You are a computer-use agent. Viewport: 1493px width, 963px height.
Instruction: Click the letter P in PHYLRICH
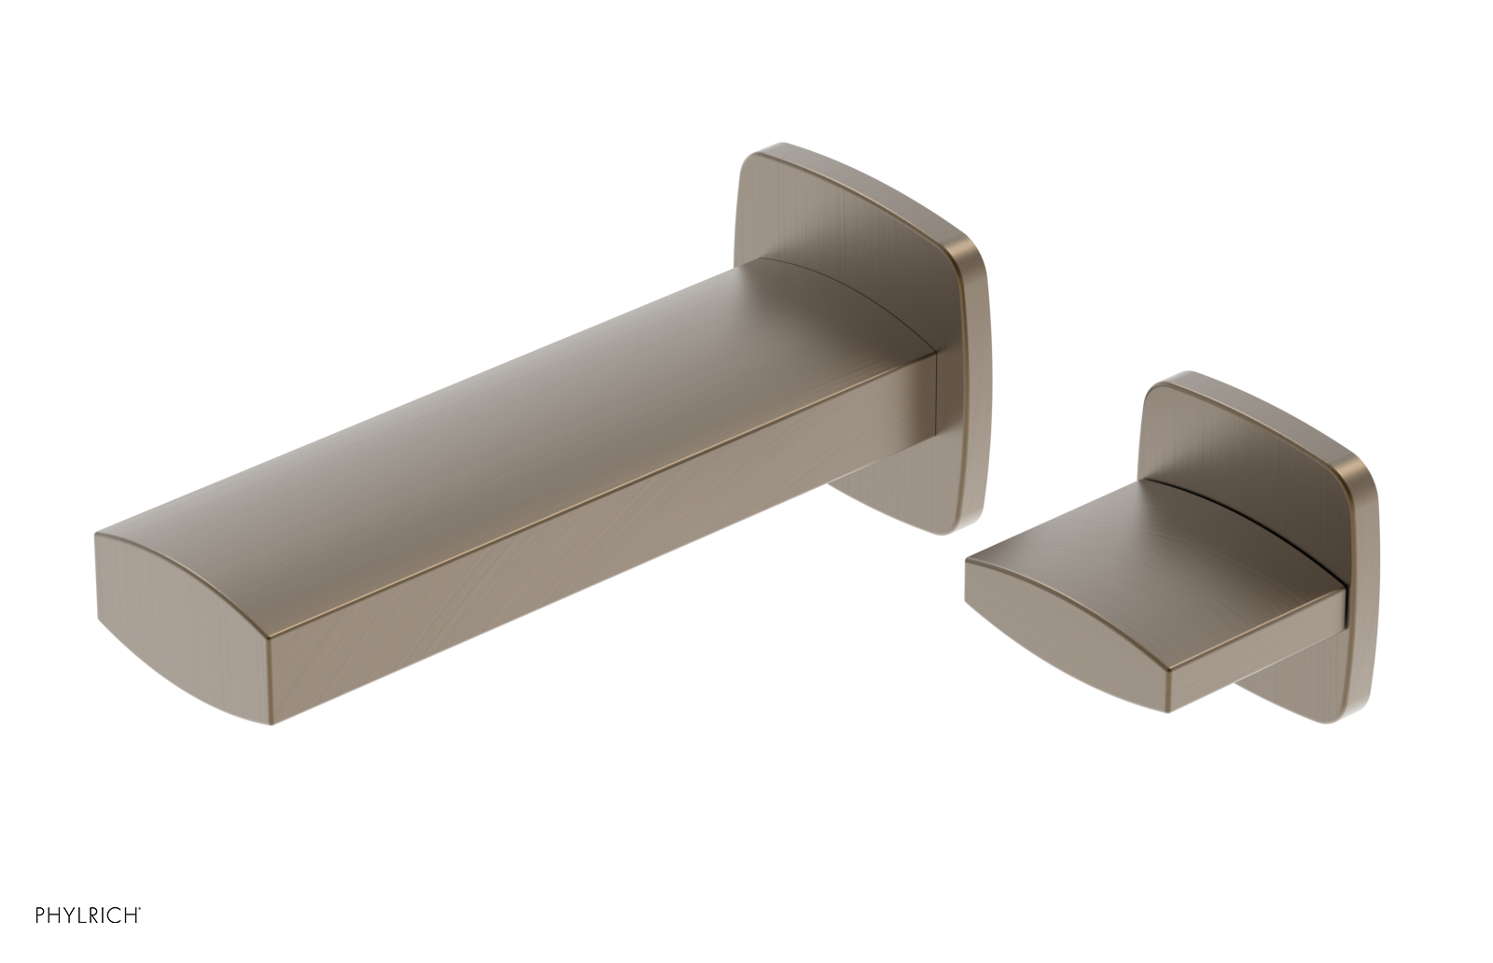tap(40, 915)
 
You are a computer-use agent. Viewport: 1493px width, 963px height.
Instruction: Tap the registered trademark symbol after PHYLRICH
tap(140, 910)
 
